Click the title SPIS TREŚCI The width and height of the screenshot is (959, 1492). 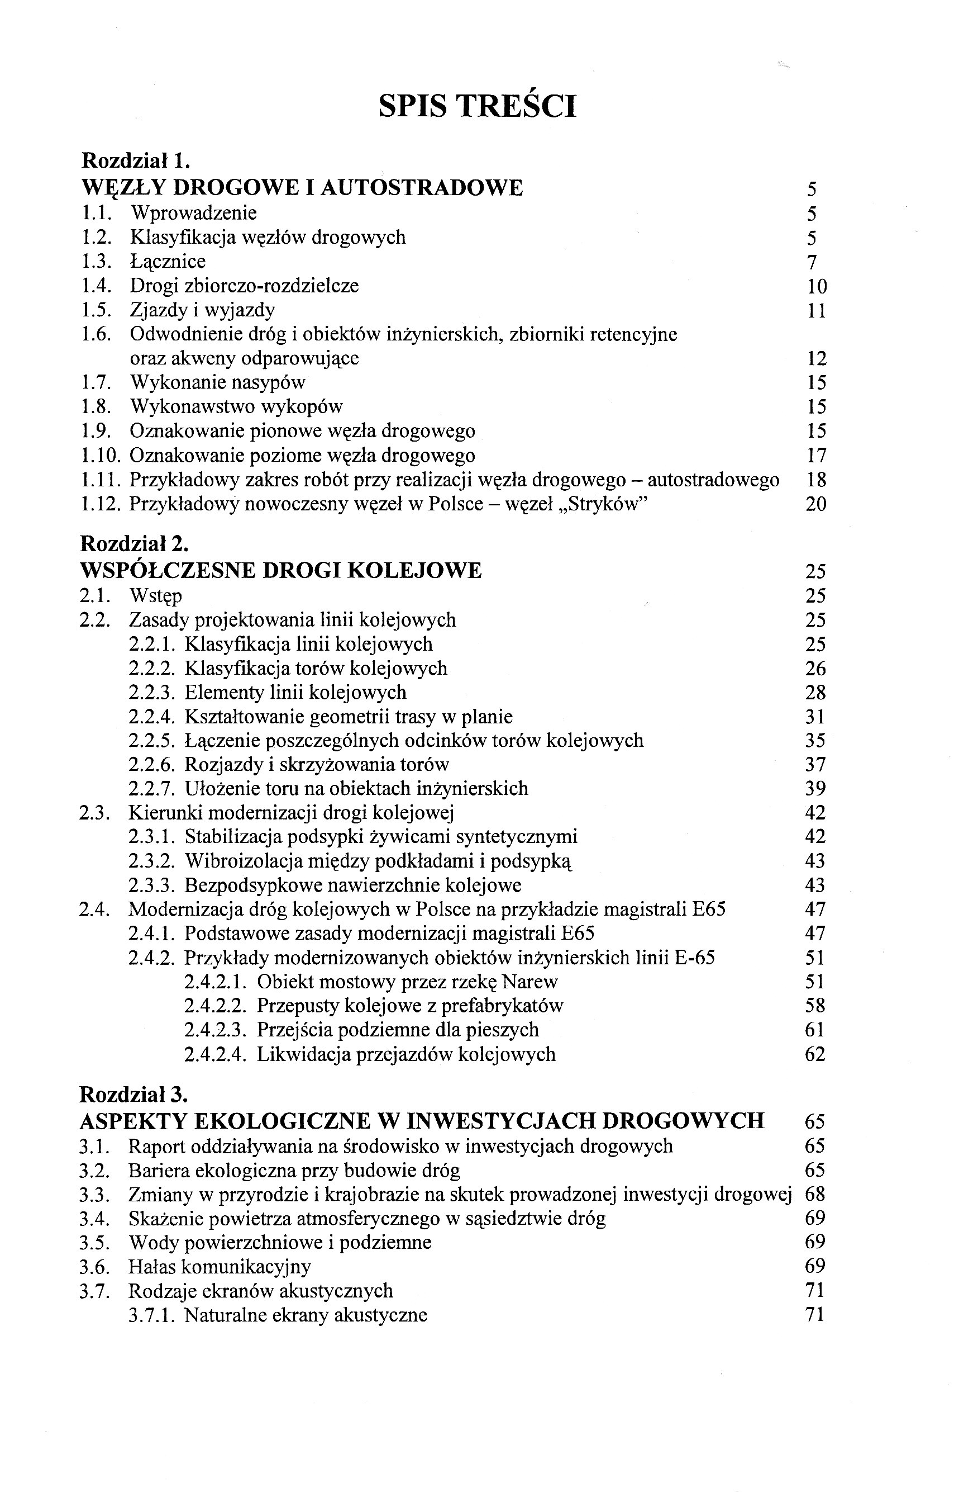(x=477, y=106)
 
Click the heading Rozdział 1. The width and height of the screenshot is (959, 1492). (x=135, y=161)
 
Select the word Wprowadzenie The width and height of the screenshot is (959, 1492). (x=193, y=213)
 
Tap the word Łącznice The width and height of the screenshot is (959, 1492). (x=168, y=262)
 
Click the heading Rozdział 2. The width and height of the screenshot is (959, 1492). (x=134, y=544)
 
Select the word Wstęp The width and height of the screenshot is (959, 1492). (x=156, y=596)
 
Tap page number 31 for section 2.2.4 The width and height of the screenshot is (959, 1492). (x=815, y=717)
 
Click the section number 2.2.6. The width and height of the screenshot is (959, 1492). (x=152, y=765)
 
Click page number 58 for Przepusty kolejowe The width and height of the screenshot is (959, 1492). (x=815, y=1006)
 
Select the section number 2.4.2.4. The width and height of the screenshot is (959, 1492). (x=216, y=1054)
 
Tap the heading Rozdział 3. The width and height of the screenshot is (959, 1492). (x=134, y=1095)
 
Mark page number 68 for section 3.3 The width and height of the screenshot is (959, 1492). (x=815, y=1194)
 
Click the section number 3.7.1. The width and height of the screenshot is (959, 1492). (x=152, y=1315)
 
